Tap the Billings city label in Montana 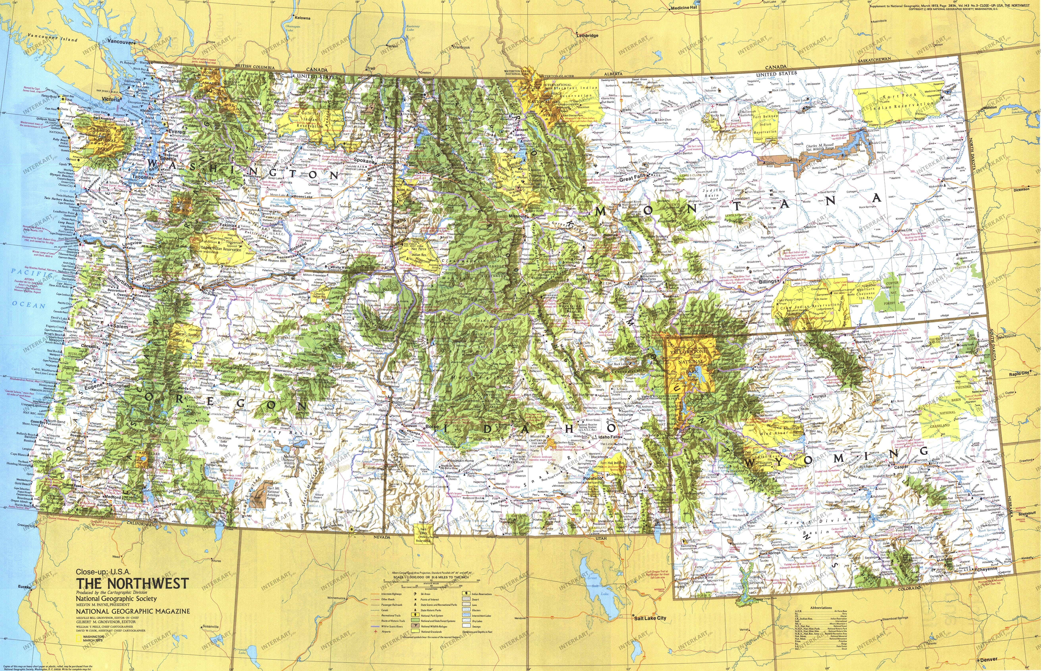[x=768, y=281]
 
